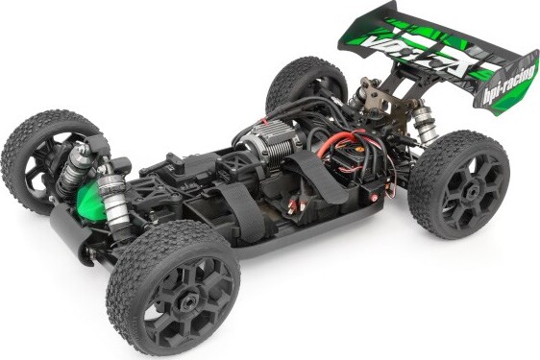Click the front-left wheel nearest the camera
173,284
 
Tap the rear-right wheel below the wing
459,182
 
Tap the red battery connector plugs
295,203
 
